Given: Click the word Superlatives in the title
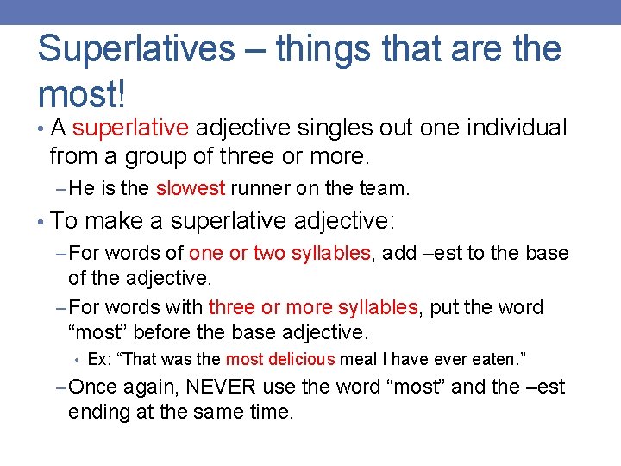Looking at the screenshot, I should (135, 49).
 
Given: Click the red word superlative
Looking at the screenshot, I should (130, 129).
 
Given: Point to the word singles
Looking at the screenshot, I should (329, 129).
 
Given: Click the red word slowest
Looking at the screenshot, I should (191, 188).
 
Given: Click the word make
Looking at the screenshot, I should (114, 222).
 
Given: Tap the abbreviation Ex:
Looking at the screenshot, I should (99, 358).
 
